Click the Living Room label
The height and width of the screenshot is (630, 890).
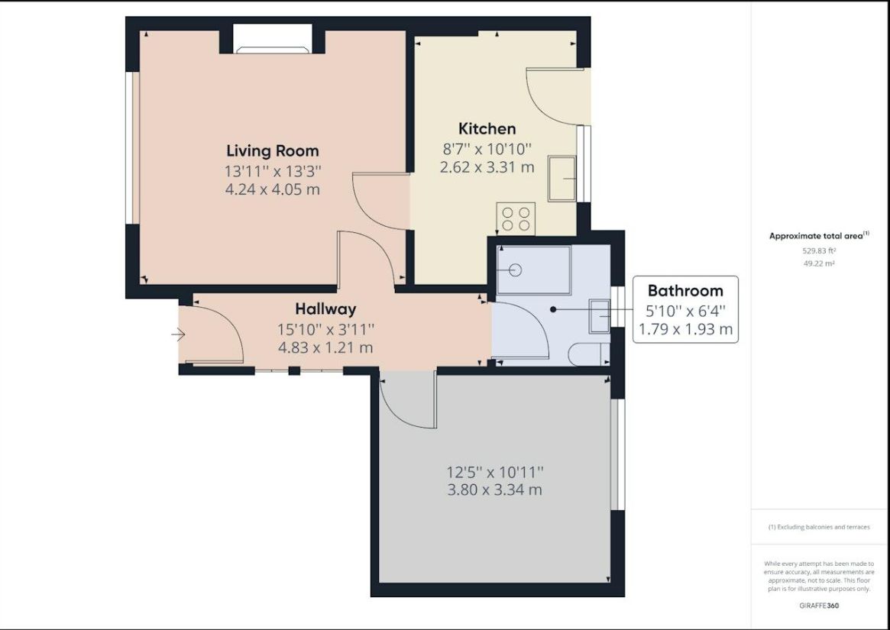pyautogui.click(x=273, y=151)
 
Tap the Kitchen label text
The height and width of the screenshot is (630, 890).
pyautogui.click(x=487, y=128)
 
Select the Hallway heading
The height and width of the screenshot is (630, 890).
pyautogui.click(x=325, y=309)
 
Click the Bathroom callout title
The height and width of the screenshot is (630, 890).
pyautogui.click(x=685, y=291)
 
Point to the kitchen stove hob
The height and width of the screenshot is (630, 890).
pyautogui.click(x=516, y=219)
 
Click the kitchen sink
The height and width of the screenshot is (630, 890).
pyautogui.click(x=562, y=178)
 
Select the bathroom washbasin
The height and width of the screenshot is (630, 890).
pyautogui.click(x=600, y=316)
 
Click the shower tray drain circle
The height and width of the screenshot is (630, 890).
pyautogui.click(x=515, y=270)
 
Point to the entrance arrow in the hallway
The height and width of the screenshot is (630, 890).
pyautogui.click(x=178, y=335)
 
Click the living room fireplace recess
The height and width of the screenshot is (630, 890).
pyautogui.click(x=273, y=39)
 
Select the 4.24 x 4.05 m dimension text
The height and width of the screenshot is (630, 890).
pyautogui.click(x=273, y=189)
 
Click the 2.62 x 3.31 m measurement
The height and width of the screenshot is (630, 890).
pyautogui.click(x=487, y=167)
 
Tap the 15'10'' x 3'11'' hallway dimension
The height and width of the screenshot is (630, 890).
pyautogui.click(x=325, y=329)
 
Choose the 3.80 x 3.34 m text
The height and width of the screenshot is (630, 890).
pyautogui.click(x=494, y=489)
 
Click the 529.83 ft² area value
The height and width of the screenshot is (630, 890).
pyautogui.click(x=819, y=250)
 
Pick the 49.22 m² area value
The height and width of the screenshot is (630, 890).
pyautogui.click(x=819, y=263)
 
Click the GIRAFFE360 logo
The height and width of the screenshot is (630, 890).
pyautogui.click(x=819, y=606)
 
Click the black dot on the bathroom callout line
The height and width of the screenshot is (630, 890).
pyautogui.click(x=553, y=309)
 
